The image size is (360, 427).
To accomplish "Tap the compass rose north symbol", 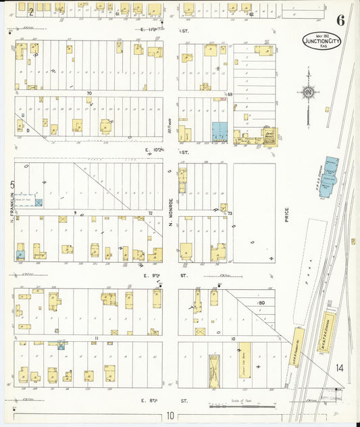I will point(309,93).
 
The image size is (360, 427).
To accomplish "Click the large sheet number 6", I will point(341,20).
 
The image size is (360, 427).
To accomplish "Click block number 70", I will point(88,93).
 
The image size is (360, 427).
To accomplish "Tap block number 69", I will point(229,93).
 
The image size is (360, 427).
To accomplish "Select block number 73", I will point(229,213).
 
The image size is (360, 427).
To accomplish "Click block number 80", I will point(260,303).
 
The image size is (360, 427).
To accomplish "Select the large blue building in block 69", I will point(220,132).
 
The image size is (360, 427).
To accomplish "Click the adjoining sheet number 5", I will point(12,183).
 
